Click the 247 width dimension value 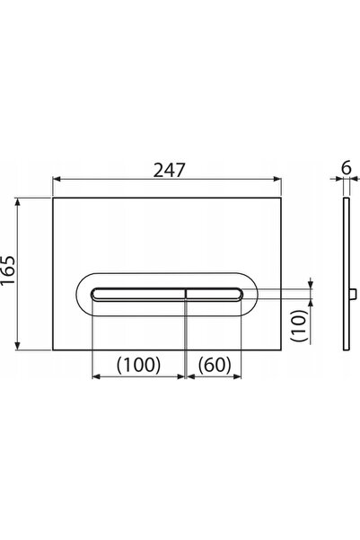click(x=169, y=170)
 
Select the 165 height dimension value click(x=9, y=270)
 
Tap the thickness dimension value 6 click(x=347, y=168)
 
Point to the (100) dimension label click(x=138, y=365)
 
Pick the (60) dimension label click(x=215, y=365)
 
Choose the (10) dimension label click(x=299, y=325)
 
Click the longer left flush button click(x=138, y=295)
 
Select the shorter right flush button click(x=215, y=295)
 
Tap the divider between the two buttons click(x=186, y=295)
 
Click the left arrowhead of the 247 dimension click(x=57, y=179)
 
